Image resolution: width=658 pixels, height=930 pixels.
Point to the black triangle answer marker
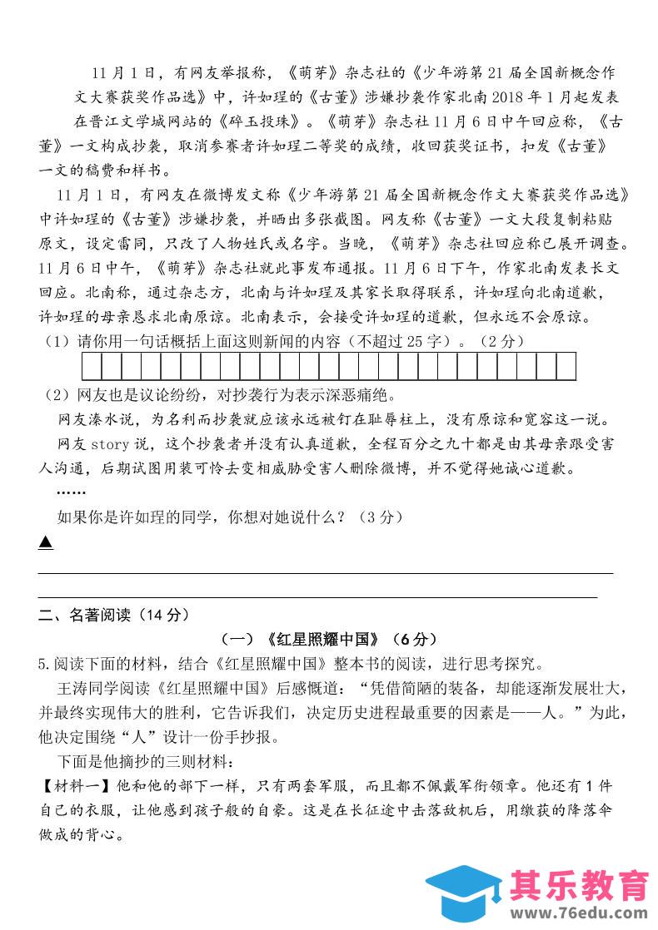(46, 542)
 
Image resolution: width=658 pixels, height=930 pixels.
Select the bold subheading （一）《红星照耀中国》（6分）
(328, 640)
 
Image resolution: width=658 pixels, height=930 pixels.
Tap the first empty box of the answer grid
(92, 366)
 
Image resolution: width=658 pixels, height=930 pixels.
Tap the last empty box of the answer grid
(566, 366)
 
